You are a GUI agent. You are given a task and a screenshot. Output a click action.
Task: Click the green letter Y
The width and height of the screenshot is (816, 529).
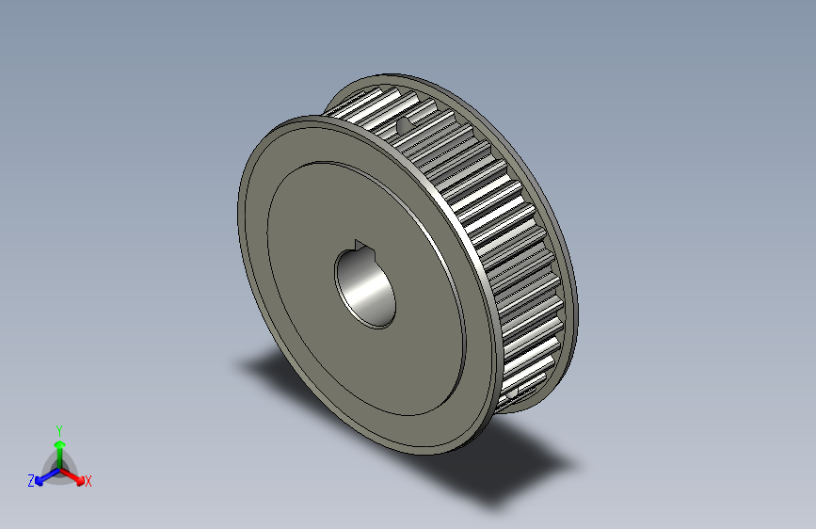coord(58,428)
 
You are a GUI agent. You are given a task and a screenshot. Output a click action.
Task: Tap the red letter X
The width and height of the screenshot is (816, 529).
coord(88,482)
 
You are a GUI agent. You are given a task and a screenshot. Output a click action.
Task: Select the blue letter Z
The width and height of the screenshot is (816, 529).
coord(31,481)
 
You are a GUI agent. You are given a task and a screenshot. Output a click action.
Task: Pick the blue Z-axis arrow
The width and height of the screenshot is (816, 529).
coord(43,475)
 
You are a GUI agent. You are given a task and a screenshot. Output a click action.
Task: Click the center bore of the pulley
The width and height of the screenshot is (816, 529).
coord(365,283)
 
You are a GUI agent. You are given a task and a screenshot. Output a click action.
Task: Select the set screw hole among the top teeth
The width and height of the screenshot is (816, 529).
coord(403,123)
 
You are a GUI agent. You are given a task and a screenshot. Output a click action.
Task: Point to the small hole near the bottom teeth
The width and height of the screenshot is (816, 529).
coord(525,386)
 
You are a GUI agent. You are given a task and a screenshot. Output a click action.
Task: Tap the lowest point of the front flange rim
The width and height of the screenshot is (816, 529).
coord(442,453)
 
